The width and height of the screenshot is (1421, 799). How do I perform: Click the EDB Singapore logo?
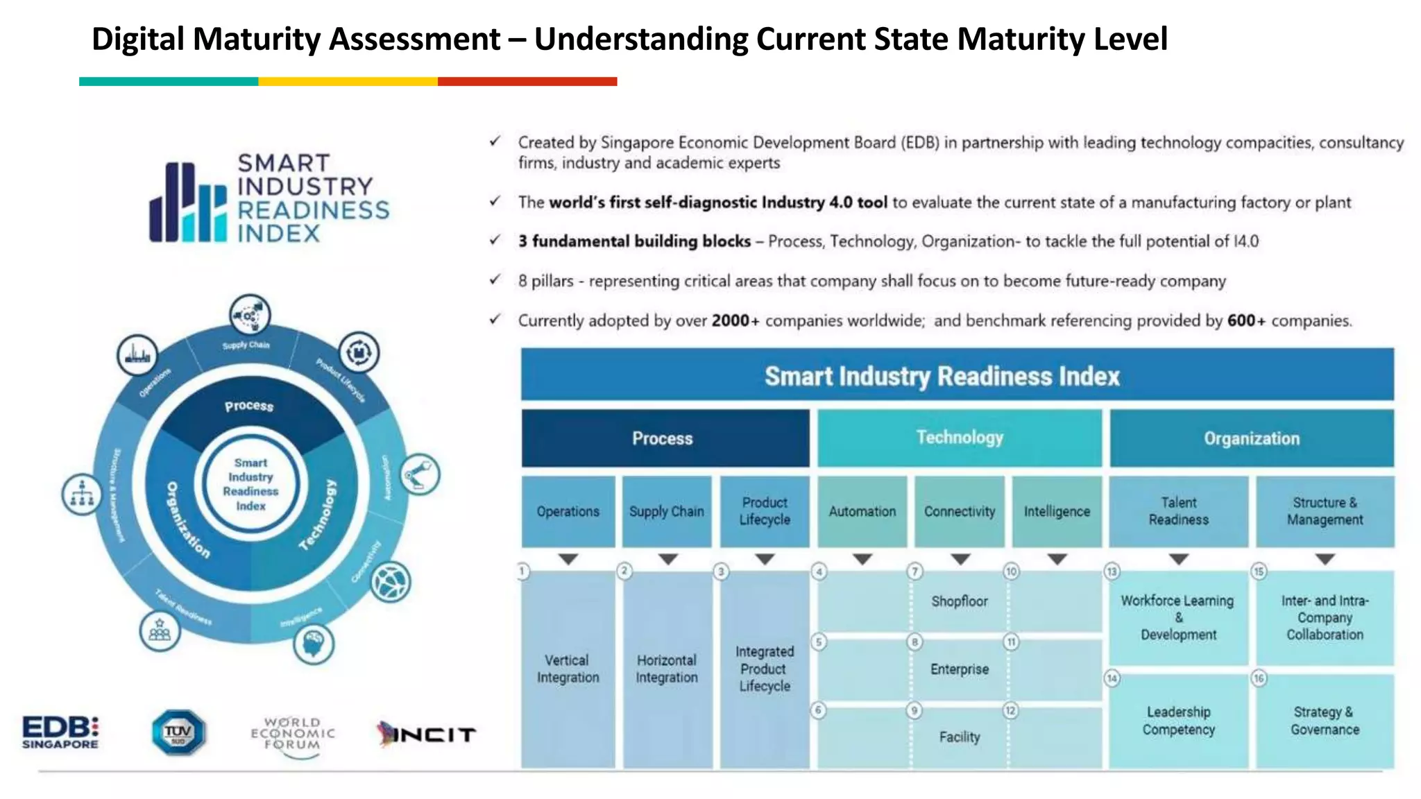60,732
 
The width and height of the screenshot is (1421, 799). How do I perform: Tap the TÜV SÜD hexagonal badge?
178,732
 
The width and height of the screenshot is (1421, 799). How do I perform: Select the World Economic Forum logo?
292,735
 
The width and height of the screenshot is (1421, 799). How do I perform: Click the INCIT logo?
426,734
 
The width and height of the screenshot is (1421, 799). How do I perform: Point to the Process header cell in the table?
665,438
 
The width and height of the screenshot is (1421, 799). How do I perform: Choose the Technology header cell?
959,438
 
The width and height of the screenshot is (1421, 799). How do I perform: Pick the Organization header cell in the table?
1251,438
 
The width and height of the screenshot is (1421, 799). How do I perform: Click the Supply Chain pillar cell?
666,512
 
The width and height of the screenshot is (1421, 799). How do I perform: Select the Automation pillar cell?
862,512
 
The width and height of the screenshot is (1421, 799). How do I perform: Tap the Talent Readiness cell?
1178,511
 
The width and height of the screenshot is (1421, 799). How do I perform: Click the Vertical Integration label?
568,669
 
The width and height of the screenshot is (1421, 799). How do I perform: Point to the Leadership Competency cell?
1178,721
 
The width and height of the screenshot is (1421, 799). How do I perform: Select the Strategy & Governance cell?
1325,721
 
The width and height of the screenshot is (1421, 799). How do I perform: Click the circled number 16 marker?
1259,678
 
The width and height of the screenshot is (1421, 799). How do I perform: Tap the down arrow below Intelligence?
1057,559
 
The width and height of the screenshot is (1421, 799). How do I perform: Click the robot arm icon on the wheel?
419,475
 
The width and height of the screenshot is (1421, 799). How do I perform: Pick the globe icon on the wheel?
391,581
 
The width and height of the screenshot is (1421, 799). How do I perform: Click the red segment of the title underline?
527,82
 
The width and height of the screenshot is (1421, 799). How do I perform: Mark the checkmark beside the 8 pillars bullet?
495,280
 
